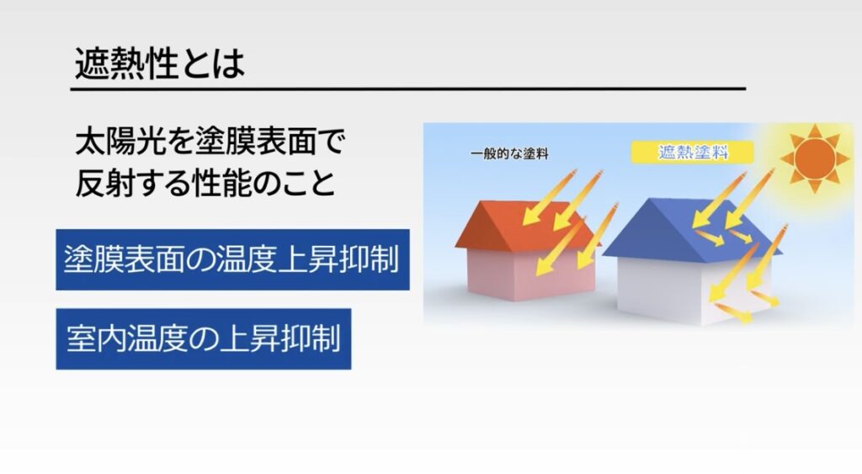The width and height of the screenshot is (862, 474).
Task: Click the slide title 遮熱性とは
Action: coord(159,64)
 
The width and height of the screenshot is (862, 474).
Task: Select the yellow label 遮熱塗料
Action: coord(692,152)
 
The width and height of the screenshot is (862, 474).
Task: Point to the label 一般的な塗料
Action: coord(509,154)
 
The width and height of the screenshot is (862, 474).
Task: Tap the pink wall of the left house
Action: coord(530,274)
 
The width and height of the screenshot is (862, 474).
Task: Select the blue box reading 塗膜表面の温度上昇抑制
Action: coord(232,259)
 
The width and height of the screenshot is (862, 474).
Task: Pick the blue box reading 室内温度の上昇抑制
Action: coord(204,338)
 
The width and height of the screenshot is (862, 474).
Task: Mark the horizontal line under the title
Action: coord(408,88)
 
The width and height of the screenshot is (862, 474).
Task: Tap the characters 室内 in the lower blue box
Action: coord(96,338)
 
